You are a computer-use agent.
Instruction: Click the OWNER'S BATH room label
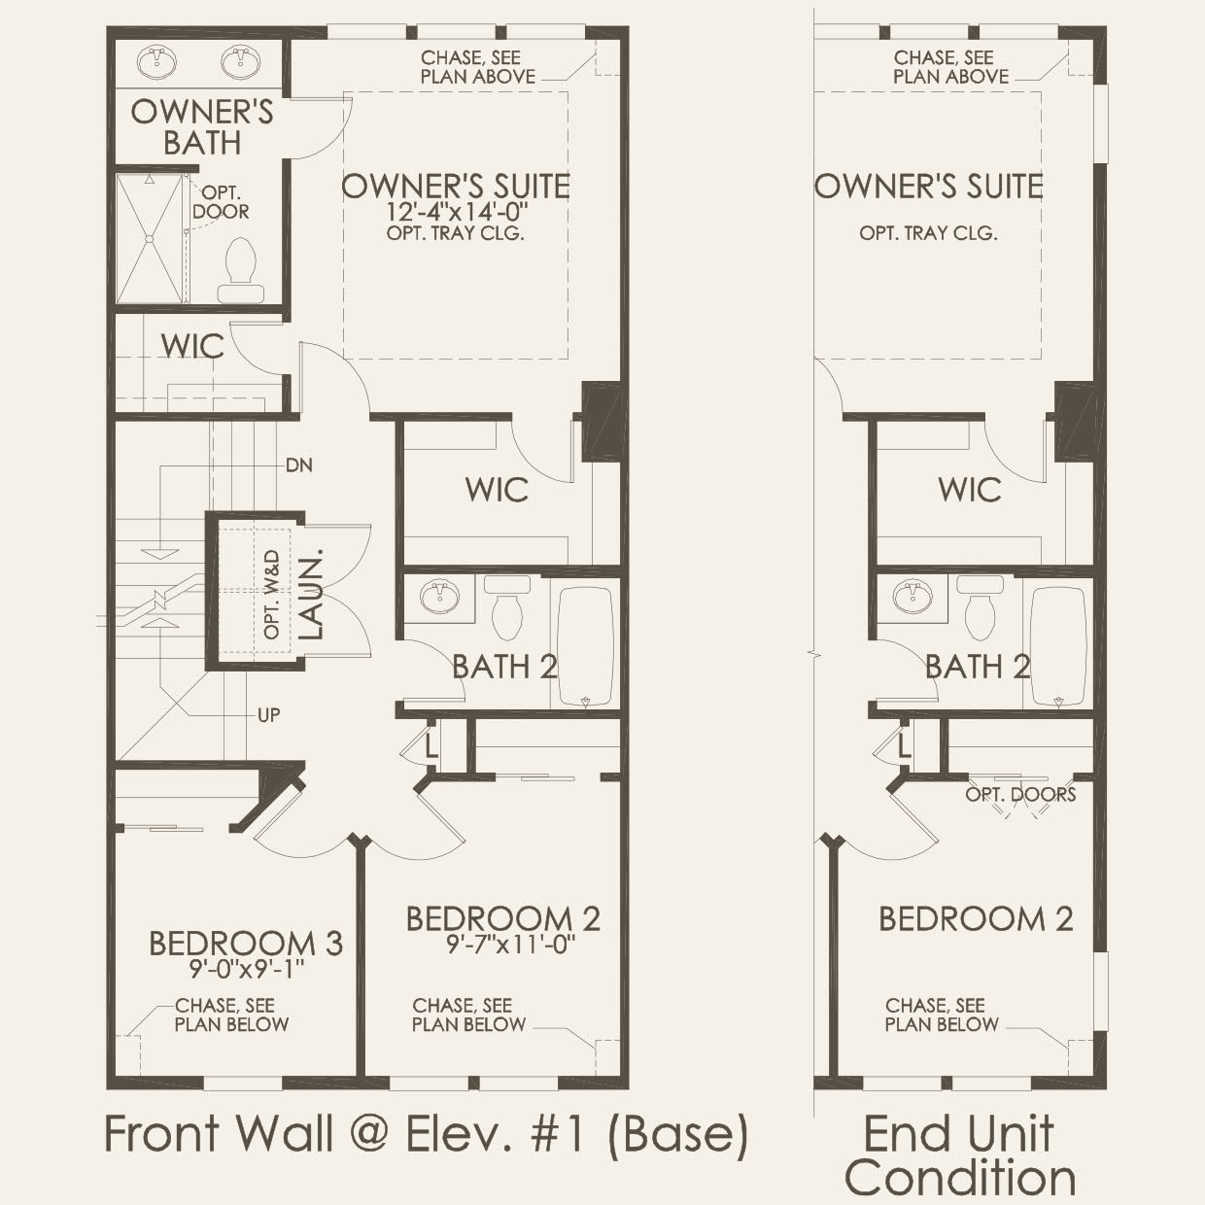[x=202, y=126]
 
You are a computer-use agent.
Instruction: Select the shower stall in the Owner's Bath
[x=149, y=238]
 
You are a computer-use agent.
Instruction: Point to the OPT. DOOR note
[x=221, y=202]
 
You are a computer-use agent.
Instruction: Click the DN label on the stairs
[x=299, y=465]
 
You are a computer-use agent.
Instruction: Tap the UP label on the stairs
[x=269, y=715]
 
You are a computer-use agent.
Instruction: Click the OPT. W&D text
[x=272, y=594]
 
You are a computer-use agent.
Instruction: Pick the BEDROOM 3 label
[x=245, y=943]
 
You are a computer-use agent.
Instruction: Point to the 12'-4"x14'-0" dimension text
[x=455, y=212]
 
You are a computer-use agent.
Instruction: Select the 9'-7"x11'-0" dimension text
[x=504, y=944]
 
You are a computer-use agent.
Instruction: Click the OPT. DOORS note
[x=1020, y=795]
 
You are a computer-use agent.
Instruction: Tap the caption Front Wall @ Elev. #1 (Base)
[x=426, y=1134]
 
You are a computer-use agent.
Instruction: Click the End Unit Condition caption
[x=959, y=1155]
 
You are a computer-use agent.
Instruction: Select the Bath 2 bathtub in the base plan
[x=585, y=644]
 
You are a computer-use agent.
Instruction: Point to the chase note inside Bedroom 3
[x=231, y=1015]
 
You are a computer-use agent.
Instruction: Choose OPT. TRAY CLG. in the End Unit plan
[x=928, y=233]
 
